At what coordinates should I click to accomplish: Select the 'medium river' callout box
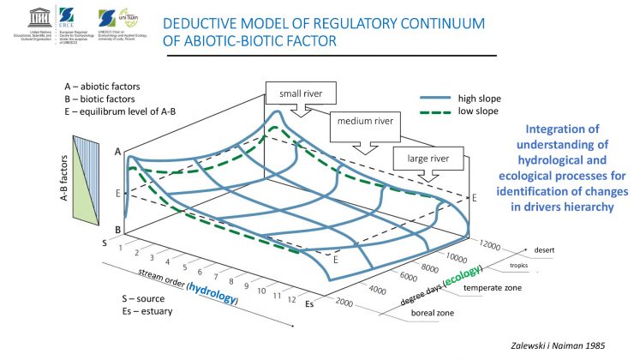click(x=365, y=121)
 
